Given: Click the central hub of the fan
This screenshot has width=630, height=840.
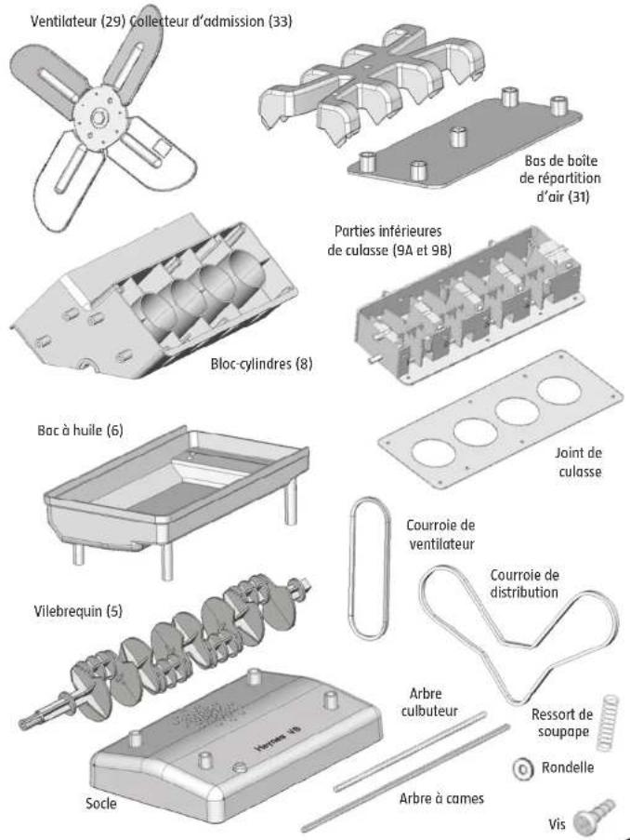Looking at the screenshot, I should click(x=99, y=115).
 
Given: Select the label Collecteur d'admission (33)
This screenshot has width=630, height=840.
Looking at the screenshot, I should click(x=216, y=20).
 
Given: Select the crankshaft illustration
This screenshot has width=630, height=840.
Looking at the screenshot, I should click(x=167, y=651).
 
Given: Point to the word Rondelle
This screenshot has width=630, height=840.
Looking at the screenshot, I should click(x=570, y=770).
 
